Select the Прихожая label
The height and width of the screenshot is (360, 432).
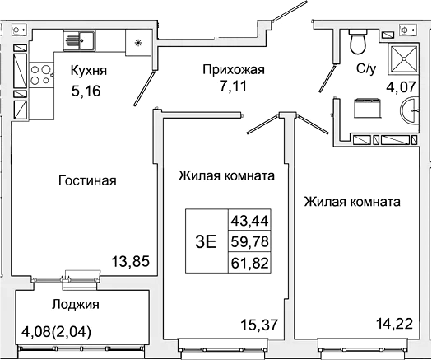pyautogui.click(x=235, y=70)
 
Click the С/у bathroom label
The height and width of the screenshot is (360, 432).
pyautogui.click(x=366, y=71)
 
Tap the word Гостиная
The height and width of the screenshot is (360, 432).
pyautogui.click(x=87, y=180)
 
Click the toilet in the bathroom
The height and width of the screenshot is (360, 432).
pyautogui.click(x=357, y=40)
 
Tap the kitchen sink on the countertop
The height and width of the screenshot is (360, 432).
pyautogui.click(x=81, y=39)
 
